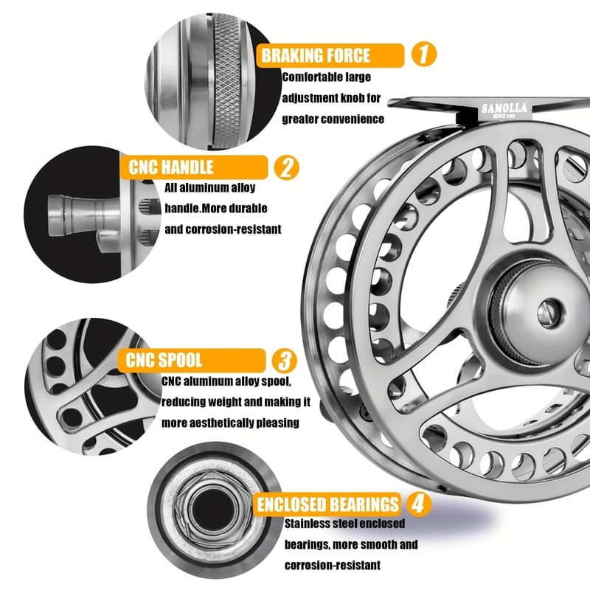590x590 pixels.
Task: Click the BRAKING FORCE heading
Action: coord(316,55)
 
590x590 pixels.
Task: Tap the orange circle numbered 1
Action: coord(423,55)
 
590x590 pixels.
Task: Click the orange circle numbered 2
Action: coord(286,167)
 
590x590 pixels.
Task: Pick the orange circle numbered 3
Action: coord(285,361)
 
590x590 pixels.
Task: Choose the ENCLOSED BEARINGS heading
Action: coord(327,505)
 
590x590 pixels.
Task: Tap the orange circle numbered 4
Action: coord(418,504)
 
